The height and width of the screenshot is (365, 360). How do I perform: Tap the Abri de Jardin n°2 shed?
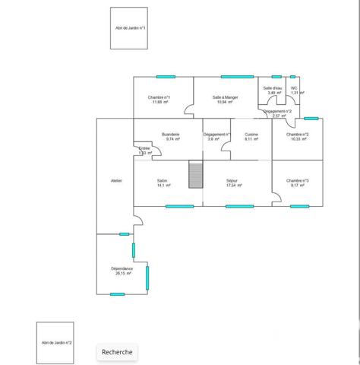click(56, 342)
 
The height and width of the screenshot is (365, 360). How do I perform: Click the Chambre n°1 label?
click(159, 99)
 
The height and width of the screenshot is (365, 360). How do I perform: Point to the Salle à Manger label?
click(225, 99)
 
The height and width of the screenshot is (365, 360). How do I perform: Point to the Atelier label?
click(115, 180)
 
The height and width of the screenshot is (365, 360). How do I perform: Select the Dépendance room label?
click(122, 270)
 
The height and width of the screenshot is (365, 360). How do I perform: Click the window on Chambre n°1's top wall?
click(166, 76)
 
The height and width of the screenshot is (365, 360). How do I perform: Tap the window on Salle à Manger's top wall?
click(237, 76)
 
